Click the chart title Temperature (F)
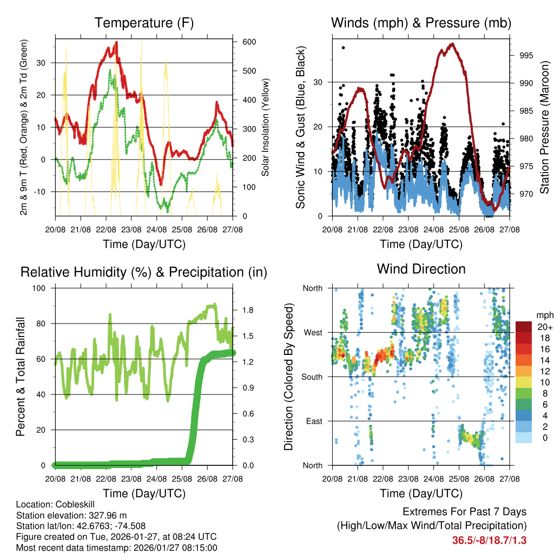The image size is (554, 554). [x=144, y=23]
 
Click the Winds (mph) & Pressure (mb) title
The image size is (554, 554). [x=421, y=23]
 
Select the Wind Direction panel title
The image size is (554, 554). [x=421, y=269]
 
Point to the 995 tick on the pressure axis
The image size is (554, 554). [x=522, y=55]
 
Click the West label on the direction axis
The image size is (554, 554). [x=312, y=332]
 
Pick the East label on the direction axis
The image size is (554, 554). [x=313, y=421]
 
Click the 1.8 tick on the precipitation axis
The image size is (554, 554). [x=247, y=311]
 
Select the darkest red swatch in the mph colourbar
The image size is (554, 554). [x=523, y=327]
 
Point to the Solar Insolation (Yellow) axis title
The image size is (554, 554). [x=265, y=127]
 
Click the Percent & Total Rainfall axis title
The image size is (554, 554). [x=21, y=377]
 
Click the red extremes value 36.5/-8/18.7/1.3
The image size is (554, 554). [x=489, y=540]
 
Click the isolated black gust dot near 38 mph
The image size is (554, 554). [x=344, y=48]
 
